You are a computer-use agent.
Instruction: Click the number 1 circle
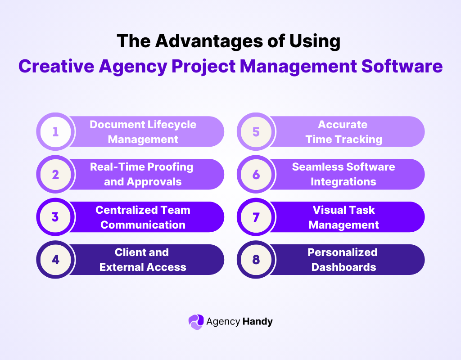click(55, 131)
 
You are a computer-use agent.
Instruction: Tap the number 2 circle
click(55, 174)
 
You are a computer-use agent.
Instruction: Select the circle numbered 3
click(55, 217)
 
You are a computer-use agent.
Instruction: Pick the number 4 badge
click(55, 260)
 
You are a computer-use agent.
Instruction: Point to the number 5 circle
click(256, 131)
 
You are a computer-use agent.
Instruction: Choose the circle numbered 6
click(256, 174)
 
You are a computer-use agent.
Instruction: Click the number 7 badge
click(256, 217)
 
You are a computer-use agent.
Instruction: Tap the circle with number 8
click(256, 260)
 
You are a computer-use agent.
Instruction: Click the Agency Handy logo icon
click(196, 322)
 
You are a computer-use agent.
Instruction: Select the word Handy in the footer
click(257, 322)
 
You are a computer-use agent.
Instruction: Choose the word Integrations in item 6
click(343, 182)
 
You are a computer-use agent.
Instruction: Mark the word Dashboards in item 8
click(343, 267)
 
